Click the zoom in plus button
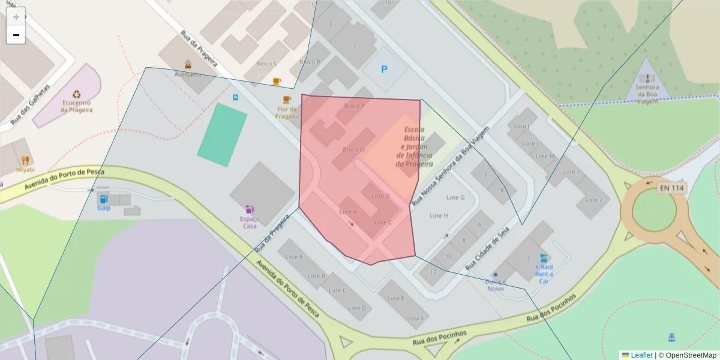coord(16,17)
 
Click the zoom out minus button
coord(16,35)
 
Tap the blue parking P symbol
coord(384,70)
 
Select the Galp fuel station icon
coord(104,199)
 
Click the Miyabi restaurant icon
coord(25,160)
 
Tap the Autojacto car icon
coord(188,65)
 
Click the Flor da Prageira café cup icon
coord(286,100)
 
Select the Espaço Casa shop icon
coord(250,209)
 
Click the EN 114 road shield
coord(671,188)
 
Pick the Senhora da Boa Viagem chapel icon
coord(647,78)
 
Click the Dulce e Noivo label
coord(496,285)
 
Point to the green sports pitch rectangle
coord(222,134)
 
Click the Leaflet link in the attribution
coord(641,355)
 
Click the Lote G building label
coord(455,197)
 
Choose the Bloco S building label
coord(266,64)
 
